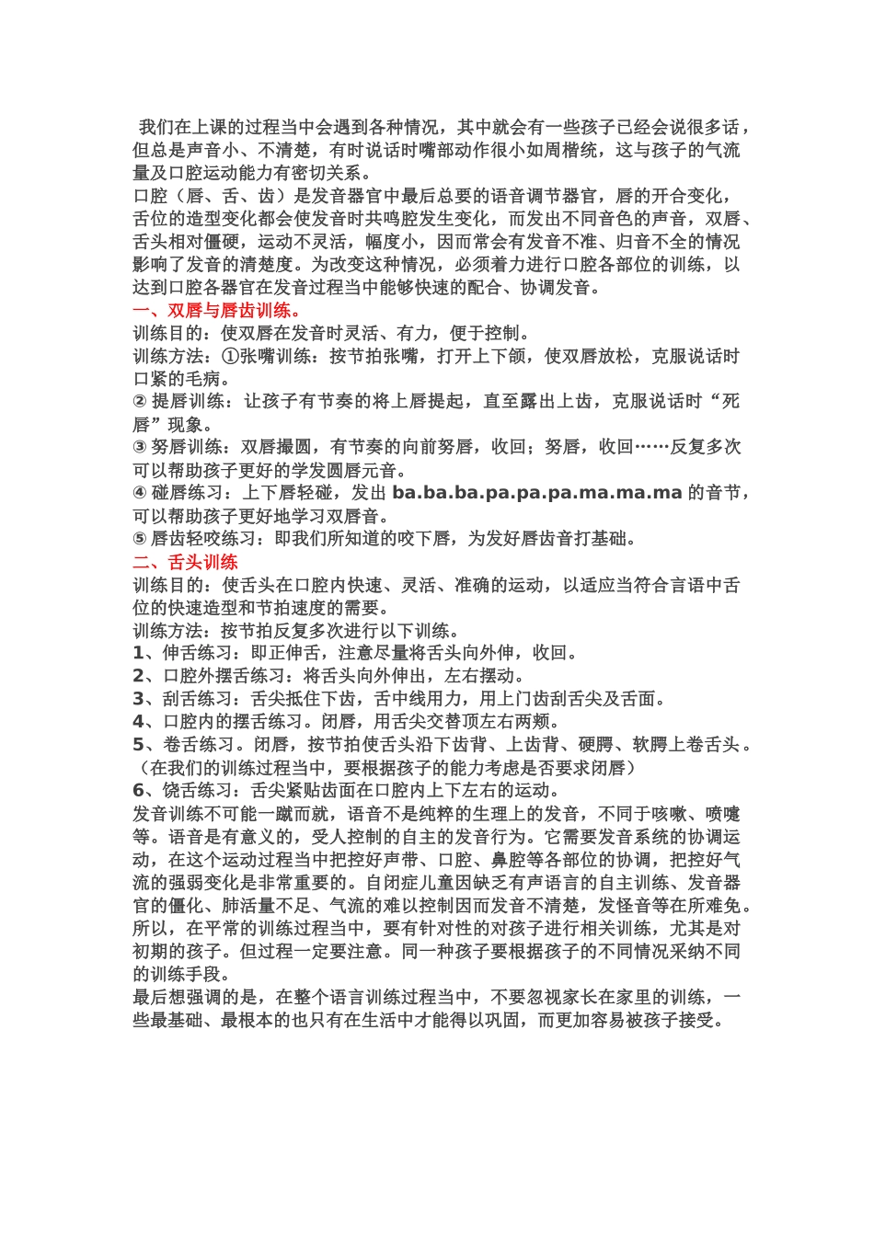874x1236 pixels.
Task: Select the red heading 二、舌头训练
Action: (186, 562)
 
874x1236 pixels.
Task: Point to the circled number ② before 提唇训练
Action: (140, 402)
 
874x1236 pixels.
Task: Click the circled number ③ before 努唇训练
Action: (140, 448)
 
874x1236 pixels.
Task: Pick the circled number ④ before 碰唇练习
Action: (140, 494)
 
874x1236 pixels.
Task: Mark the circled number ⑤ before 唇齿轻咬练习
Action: (140, 539)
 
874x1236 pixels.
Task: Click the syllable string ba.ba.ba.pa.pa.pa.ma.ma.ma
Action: (536, 493)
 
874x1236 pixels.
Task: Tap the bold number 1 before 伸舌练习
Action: (138, 653)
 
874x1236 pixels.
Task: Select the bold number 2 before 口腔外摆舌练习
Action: (138, 676)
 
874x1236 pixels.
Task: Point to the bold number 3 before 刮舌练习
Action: (138, 699)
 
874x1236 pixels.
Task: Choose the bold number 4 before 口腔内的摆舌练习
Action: (138, 722)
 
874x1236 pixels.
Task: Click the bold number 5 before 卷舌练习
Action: (138, 745)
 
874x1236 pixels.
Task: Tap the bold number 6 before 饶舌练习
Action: (138, 791)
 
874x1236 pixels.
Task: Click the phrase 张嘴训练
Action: (275, 357)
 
